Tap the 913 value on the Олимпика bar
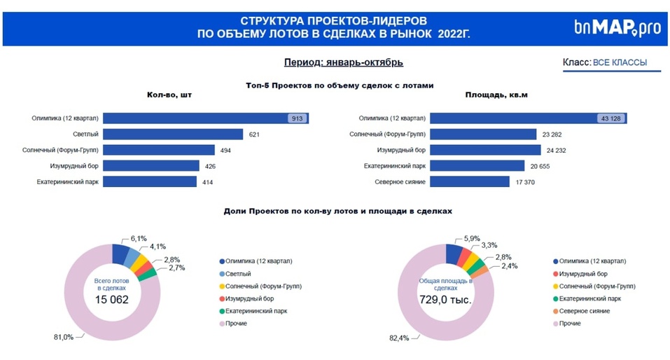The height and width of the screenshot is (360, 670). coord(297,118)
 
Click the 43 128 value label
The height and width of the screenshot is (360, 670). coord(611,118)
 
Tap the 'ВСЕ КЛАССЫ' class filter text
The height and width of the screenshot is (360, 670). coord(620,63)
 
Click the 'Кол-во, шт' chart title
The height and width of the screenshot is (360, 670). coord(168,95)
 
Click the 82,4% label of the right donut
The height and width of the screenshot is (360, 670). coord(398,338)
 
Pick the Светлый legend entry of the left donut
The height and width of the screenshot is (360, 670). coord(235,273)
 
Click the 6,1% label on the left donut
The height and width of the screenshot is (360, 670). coord(139,238)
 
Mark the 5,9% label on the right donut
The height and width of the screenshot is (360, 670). coord(472,238)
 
